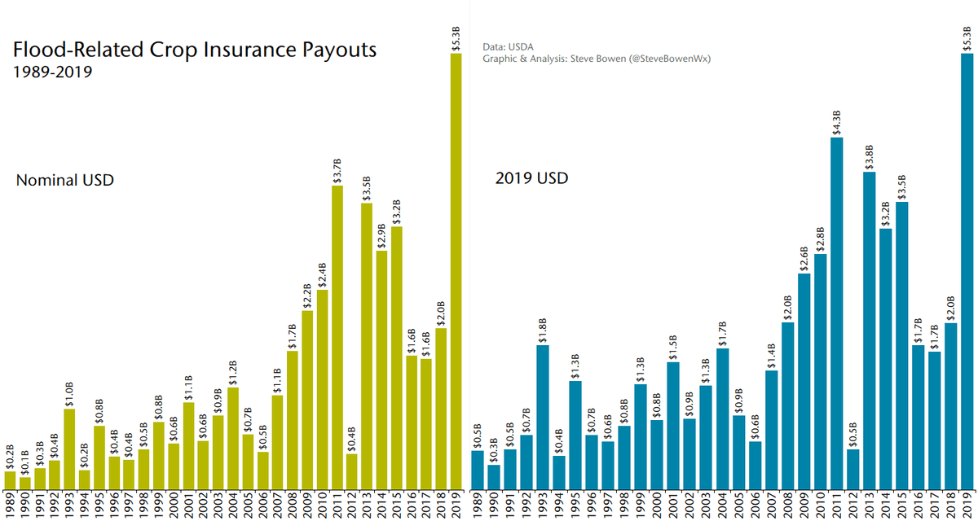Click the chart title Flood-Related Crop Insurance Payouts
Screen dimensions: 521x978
(194, 50)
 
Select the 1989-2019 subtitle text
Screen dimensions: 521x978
(53, 72)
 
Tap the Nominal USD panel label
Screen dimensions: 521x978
(64, 180)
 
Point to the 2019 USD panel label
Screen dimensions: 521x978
(531, 178)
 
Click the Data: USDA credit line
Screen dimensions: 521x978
(509, 47)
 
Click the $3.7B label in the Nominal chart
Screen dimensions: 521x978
(337, 170)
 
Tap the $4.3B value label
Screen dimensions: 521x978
(836, 122)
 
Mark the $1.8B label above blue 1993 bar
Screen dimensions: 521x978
(543, 330)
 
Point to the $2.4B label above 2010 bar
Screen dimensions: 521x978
(322, 274)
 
